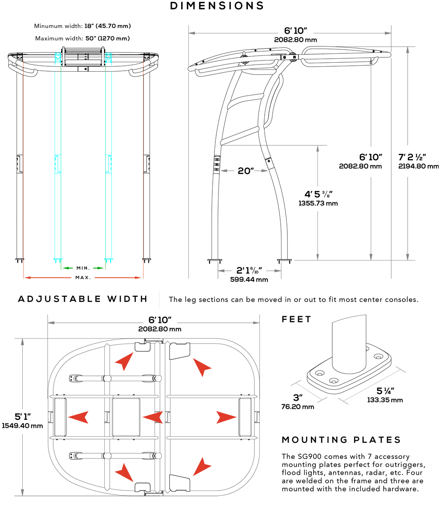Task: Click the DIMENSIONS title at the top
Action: (217, 6)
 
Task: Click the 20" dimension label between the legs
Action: (245, 171)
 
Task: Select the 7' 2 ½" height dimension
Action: (413, 157)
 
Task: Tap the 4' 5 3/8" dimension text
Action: (318, 194)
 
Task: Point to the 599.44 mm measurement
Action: (249, 280)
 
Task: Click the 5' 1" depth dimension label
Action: (22, 417)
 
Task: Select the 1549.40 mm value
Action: (22, 426)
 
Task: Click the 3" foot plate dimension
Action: (298, 397)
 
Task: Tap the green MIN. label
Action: (83, 268)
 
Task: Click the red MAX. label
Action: (83, 278)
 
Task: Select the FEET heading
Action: (297, 319)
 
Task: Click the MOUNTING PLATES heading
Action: (341, 440)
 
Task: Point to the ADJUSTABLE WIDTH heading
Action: (83, 299)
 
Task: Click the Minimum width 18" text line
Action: (83, 26)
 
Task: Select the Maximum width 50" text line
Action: (83, 38)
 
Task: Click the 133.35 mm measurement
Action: (385, 400)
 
